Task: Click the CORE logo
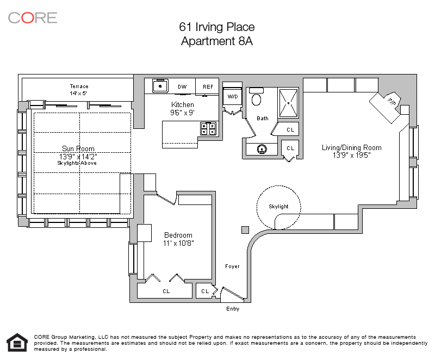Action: point(33,18)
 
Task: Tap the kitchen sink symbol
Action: point(160,86)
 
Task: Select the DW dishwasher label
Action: point(182,87)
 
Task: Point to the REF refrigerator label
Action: point(208,87)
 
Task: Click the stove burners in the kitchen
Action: point(208,129)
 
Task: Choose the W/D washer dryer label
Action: point(233,96)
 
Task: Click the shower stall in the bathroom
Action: point(288,103)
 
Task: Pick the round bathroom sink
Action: point(262,149)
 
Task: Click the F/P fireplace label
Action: point(391,102)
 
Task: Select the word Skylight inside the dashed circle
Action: point(278,207)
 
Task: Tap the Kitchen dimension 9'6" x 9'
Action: point(182,113)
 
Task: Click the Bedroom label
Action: point(178,235)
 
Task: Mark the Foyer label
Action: point(232,266)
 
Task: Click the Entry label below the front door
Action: point(233,309)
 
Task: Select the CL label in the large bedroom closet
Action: point(166,291)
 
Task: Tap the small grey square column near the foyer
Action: point(245,230)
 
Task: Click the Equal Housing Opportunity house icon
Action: point(17,343)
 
